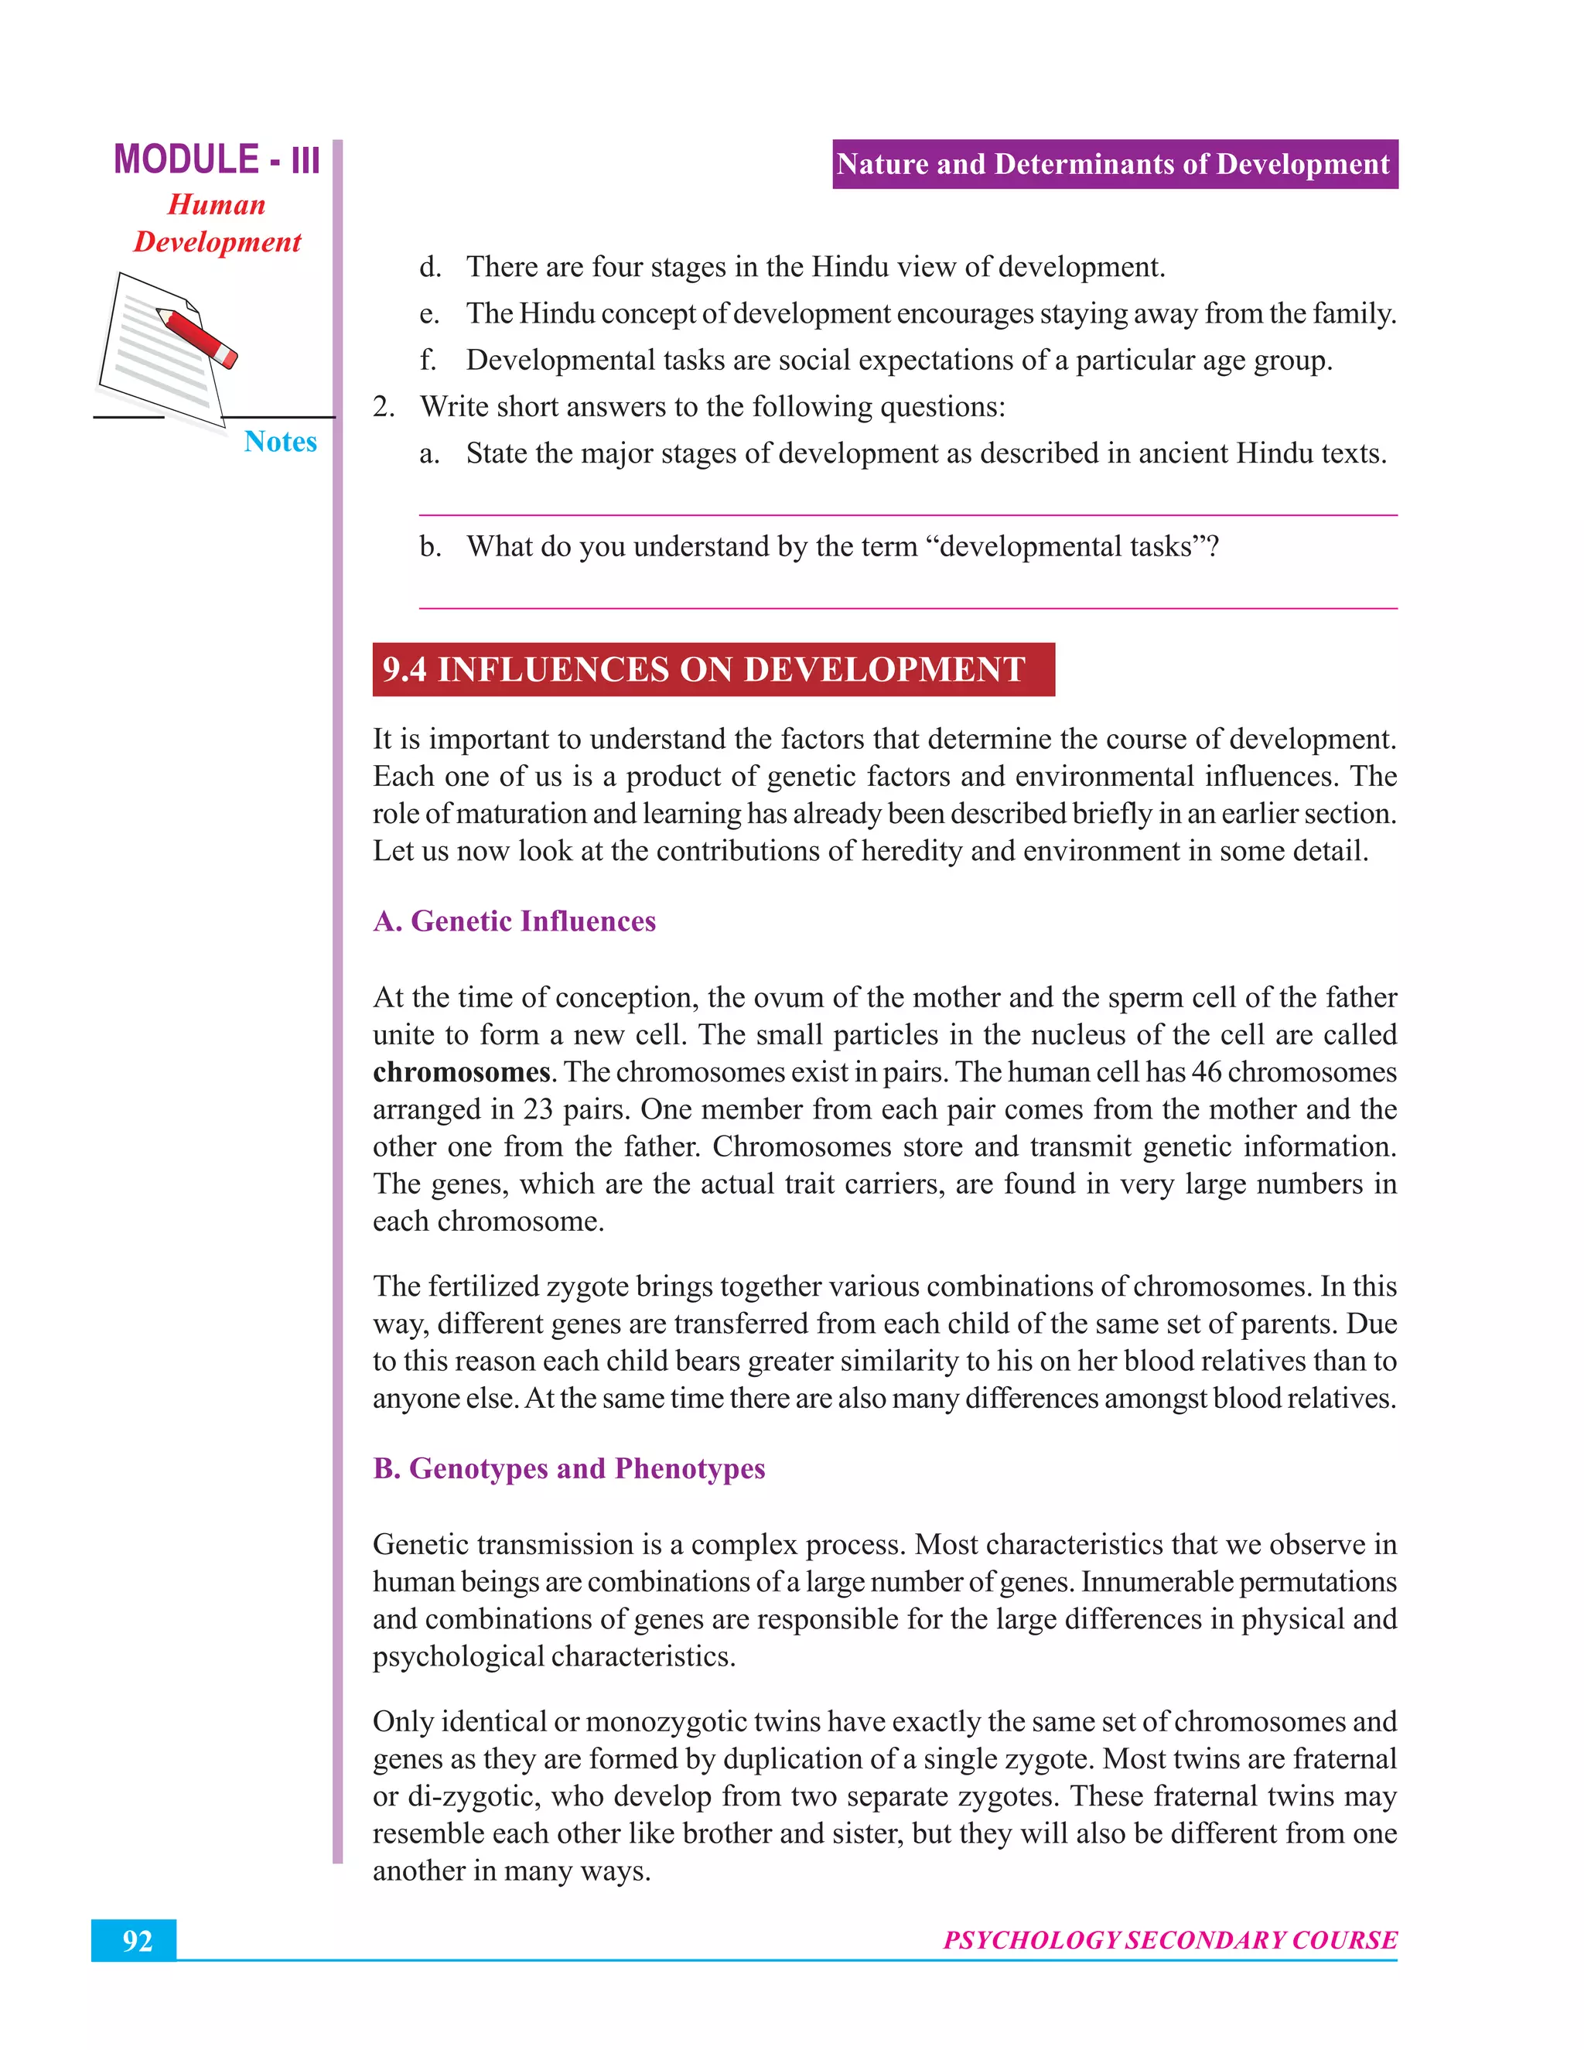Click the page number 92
click(x=137, y=1940)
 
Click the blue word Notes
click(x=280, y=441)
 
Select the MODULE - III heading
click(x=217, y=159)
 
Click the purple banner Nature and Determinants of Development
click(x=1114, y=164)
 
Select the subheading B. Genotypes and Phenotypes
click(x=568, y=1468)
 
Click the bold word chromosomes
click(x=461, y=1072)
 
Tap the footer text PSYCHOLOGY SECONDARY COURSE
click(x=1169, y=1940)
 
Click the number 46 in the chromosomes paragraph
click(x=1205, y=1072)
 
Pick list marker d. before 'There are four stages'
click(x=430, y=268)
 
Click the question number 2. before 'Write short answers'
click(x=384, y=408)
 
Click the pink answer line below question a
click(x=907, y=515)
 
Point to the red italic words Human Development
click(x=217, y=224)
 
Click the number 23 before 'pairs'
click(x=538, y=1109)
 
